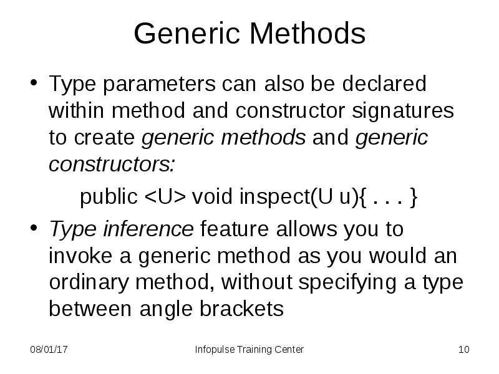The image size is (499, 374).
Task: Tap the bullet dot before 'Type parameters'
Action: pos(35,84)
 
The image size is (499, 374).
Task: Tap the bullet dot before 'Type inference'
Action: pos(35,229)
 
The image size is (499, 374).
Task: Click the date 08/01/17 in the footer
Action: pos(49,350)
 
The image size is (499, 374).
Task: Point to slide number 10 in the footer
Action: pos(463,350)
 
